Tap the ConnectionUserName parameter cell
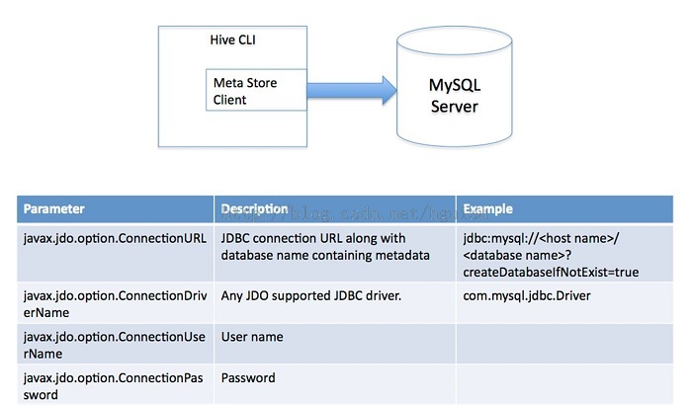coord(115,345)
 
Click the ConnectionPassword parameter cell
coord(115,385)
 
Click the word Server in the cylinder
coord(454,106)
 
